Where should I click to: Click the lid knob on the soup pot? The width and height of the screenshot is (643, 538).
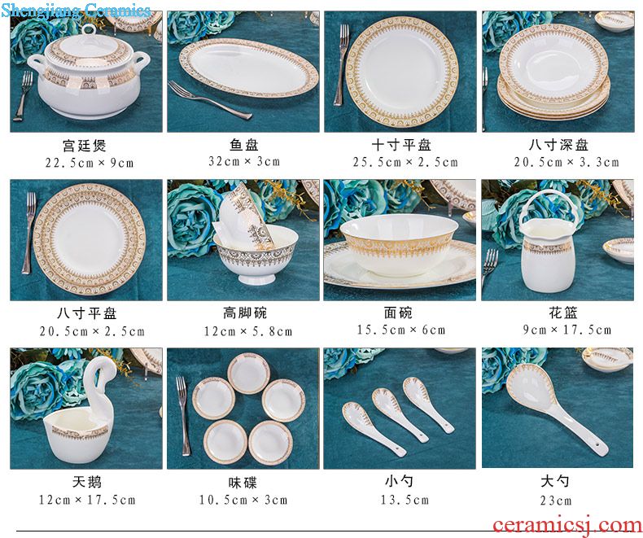[x=88, y=30]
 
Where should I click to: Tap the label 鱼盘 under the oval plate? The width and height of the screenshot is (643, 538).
[x=243, y=145]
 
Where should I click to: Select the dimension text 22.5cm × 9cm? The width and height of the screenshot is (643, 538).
[x=90, y=163]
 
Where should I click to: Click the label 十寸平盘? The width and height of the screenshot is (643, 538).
[x=401, y=145]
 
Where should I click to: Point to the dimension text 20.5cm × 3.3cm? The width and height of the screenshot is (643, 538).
[x=566, y=162]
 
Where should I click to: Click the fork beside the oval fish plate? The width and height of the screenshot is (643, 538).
[x=209, y=100]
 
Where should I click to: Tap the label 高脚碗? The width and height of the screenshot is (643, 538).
[x=245, y=313]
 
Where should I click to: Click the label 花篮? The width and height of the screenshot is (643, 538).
[x=563, y=313]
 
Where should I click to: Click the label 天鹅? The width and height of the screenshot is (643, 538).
[x=86, y=481]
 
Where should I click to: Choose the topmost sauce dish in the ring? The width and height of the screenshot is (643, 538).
[x=248, y=373]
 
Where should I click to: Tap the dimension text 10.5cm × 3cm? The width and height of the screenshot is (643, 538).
[x=243, y=500]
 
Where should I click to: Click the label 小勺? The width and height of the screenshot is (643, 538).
[x=399, y=481]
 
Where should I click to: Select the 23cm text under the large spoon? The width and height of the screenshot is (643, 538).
[x=555, y=501]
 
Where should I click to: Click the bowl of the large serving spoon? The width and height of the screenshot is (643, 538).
[x=532, y=389]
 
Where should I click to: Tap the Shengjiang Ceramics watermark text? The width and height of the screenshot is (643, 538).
[x=76, y=10]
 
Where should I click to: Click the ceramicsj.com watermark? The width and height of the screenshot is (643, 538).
[x=567, y=525]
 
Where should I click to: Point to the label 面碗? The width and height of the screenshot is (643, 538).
[x=398, y=313]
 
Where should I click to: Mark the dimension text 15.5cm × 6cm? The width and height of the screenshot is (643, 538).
[x=400, y=330]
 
